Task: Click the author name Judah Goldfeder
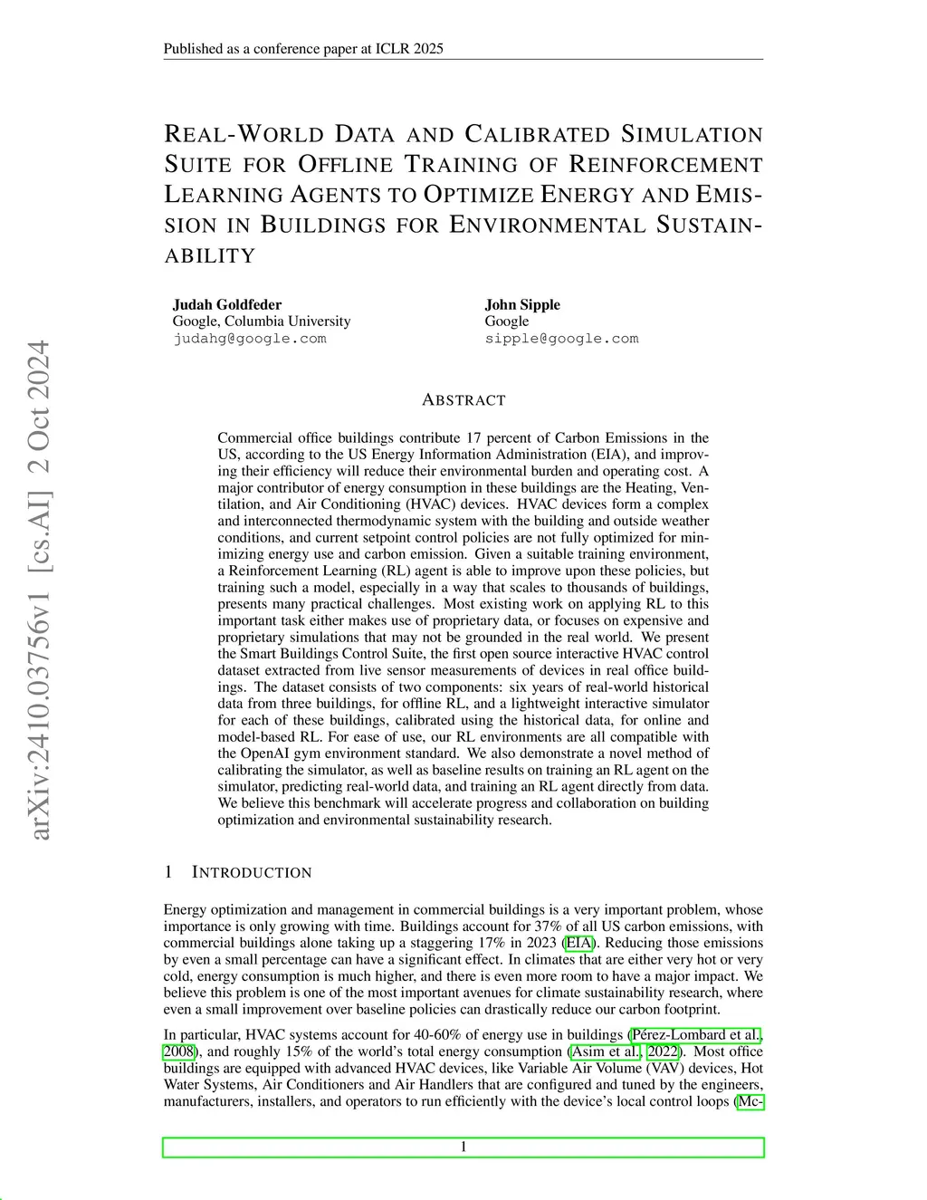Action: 227,304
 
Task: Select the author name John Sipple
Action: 522,304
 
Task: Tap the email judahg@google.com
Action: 250,339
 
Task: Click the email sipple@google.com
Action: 561,339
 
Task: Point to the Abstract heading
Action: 463,400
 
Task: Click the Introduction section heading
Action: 251,872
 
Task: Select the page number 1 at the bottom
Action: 463,1147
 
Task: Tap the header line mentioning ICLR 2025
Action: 303,49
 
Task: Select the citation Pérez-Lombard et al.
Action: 696,1035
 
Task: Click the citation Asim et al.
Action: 606,1051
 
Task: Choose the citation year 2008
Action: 178,1051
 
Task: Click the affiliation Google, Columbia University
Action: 262,321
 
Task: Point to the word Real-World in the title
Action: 244,134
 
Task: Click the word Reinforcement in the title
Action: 665,165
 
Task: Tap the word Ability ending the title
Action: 210,256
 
